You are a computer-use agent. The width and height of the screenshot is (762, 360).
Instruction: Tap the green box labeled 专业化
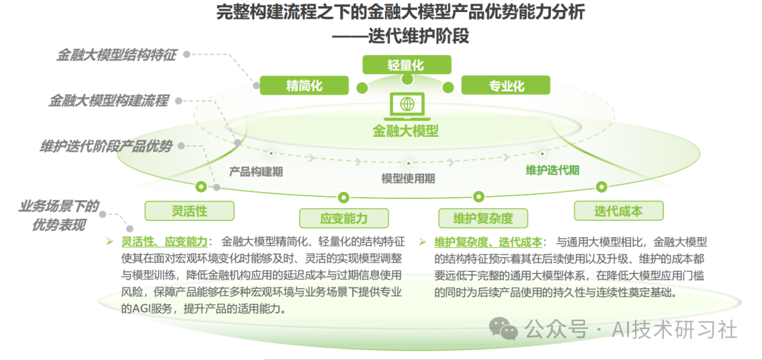click(x=506, y=85)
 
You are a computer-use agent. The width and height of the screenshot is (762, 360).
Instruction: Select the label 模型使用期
click(x=408, y=179)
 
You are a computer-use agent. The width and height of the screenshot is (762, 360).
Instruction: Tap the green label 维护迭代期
click(x=552, y=170)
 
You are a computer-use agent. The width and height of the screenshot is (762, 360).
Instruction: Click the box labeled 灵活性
click(x=189, y=210)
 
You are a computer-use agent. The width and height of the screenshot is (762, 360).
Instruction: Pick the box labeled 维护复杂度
click(x=483, y=217)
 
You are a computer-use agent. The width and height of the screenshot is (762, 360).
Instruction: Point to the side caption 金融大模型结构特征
click(x=116, y=55)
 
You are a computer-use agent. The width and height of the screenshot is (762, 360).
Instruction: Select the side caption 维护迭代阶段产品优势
click(x=106, y=147)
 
